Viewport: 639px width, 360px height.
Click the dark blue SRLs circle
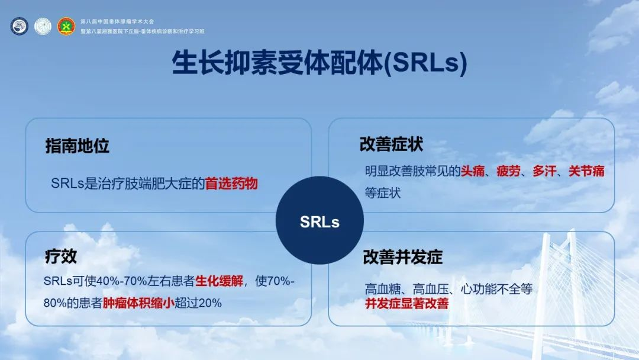pos(319,220)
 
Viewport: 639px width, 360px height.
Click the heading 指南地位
pos(78,146)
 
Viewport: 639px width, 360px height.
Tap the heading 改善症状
pos(391,144)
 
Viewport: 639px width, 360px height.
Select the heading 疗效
pos(61,256)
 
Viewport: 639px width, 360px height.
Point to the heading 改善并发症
pos(403,257)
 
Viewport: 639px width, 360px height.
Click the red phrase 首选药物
pos(231,184)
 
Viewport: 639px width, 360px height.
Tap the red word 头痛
pos(473,171)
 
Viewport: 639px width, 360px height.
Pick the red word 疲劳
pos(509,171)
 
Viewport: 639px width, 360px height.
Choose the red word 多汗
pos(544,171)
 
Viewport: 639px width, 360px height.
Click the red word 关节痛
pos(586,171)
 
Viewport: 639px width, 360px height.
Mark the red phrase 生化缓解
pos(220,281)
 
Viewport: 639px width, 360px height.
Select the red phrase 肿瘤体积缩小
pos(138,303)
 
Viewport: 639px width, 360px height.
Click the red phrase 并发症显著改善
pos(406,303)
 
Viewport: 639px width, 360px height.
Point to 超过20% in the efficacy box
pos(198,303)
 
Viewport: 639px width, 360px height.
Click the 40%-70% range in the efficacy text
pos(122,281)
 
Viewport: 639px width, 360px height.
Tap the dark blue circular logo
pos(19,26)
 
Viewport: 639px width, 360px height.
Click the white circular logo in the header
pos(43,26)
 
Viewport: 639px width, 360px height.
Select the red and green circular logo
pos(66,26)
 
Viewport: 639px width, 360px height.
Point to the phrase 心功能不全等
pos(496,289)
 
